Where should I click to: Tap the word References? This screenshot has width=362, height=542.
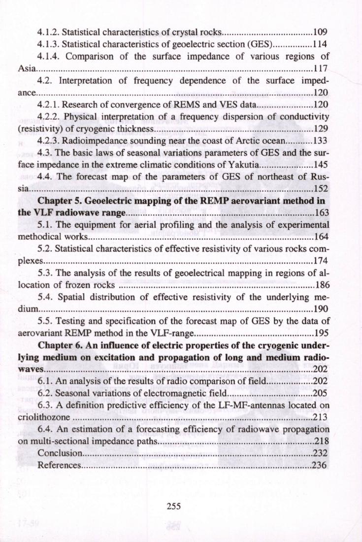tap(59, 465)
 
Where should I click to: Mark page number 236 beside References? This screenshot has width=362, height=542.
tap(321, 465)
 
